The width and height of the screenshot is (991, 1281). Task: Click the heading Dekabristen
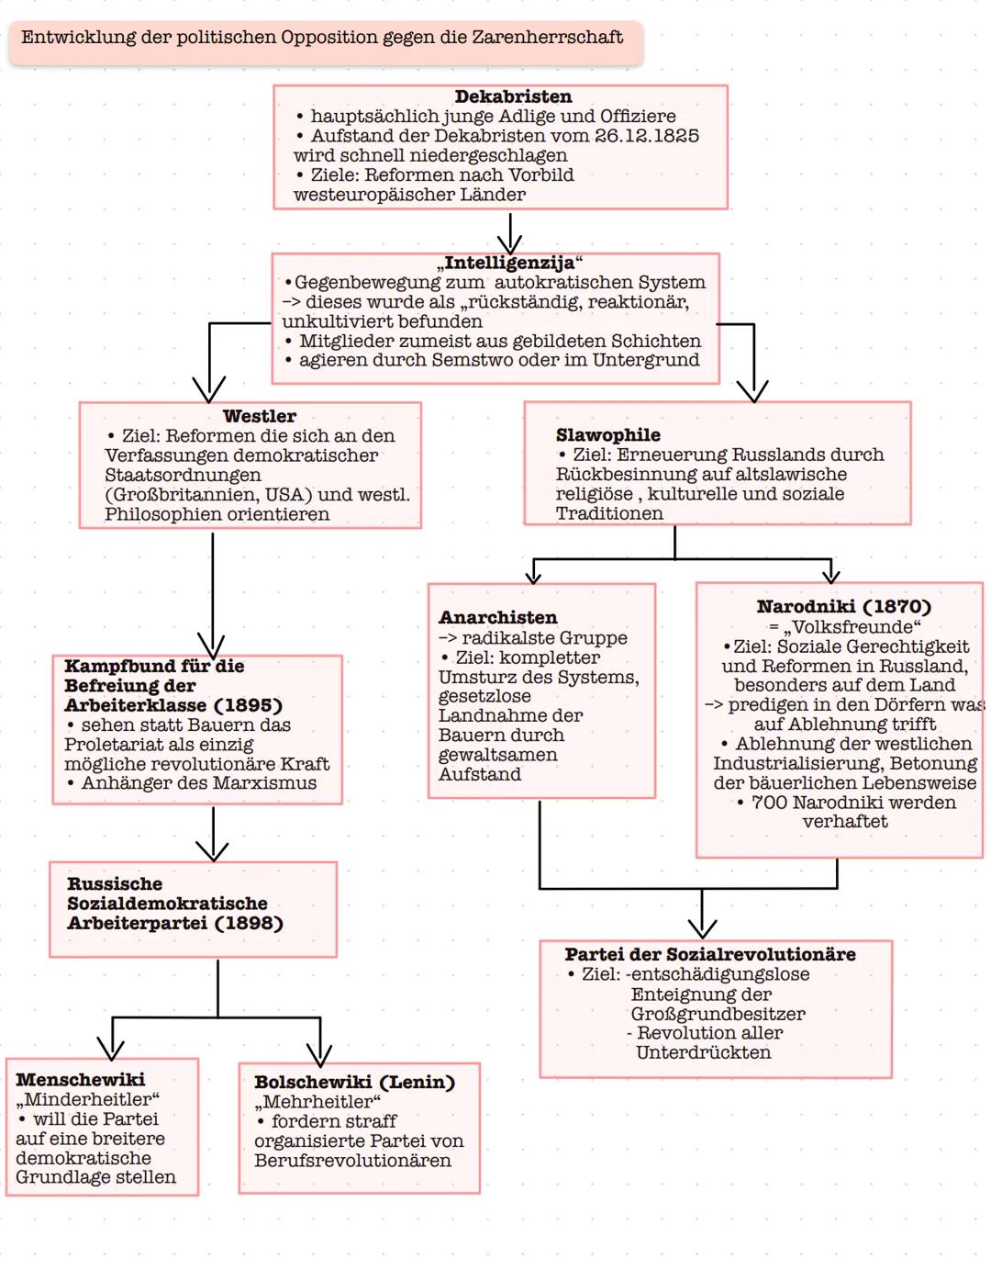click(x=513, y=96)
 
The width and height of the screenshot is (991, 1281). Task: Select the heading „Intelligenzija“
click(x=509, y=263)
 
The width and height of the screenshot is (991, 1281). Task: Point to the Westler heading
click(x=260, y=416)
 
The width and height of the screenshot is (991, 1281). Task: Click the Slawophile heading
click(x=607, y=435)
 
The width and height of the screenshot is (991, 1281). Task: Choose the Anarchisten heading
click(x=497, y=618)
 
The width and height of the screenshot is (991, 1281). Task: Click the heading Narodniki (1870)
click(x=843, y=607)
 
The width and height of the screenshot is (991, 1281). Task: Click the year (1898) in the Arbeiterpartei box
click(x=248, y=923)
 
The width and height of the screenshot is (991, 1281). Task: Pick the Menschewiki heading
click(x=80, y=1080)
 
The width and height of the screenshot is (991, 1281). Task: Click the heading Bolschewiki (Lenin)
click(x=354, y=1083)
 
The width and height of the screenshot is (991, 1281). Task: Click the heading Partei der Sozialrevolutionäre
click(x=709, y=955)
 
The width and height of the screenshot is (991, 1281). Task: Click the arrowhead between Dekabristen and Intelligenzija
click(x=509, y=244)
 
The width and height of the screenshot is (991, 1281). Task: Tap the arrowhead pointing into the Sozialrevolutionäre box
click(x=702, y=927)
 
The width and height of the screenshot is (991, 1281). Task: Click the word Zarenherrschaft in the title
click(x=547, y=38)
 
